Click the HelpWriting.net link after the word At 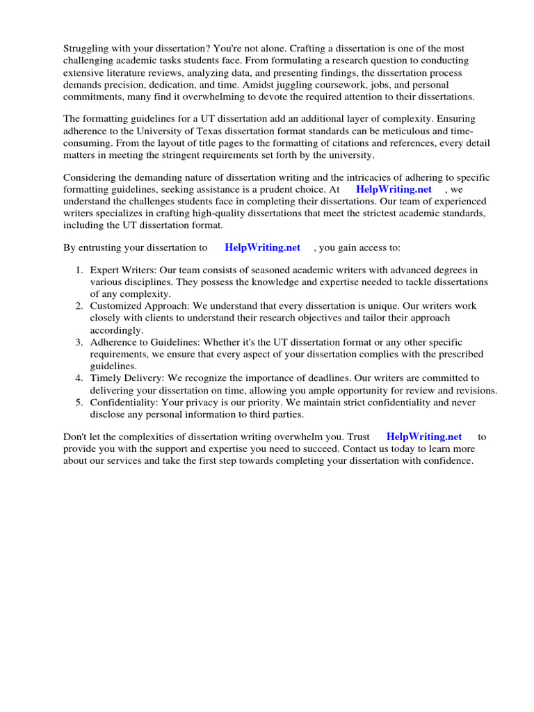(x=394, y=189)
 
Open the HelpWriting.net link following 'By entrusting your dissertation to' (x=262, y=248)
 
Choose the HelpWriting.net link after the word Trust (x=423, y=437)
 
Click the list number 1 (x=79, y=270)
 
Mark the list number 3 (x=79, y=342)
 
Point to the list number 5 (x=79, y=403)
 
